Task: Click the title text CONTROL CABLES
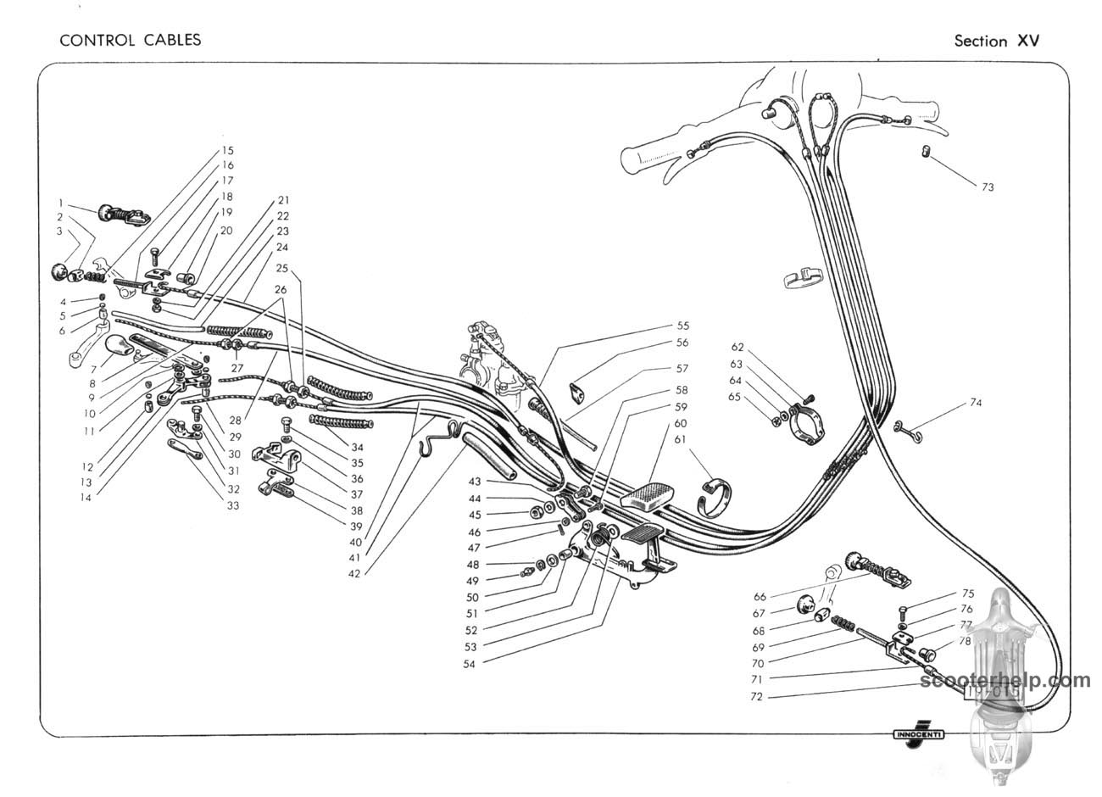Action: [x=130, y=39]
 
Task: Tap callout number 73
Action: [x=988, y=187]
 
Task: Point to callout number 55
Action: [x=682, y=326]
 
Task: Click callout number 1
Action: [x=61, y=203]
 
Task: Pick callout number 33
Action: [x=232, y=506]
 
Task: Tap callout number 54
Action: [x=469, y=664]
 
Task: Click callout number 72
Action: [x=758, y=696]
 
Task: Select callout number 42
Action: [x=354, y=573]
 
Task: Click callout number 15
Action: [x=228, y=150]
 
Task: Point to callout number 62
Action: [x=737, y=347]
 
